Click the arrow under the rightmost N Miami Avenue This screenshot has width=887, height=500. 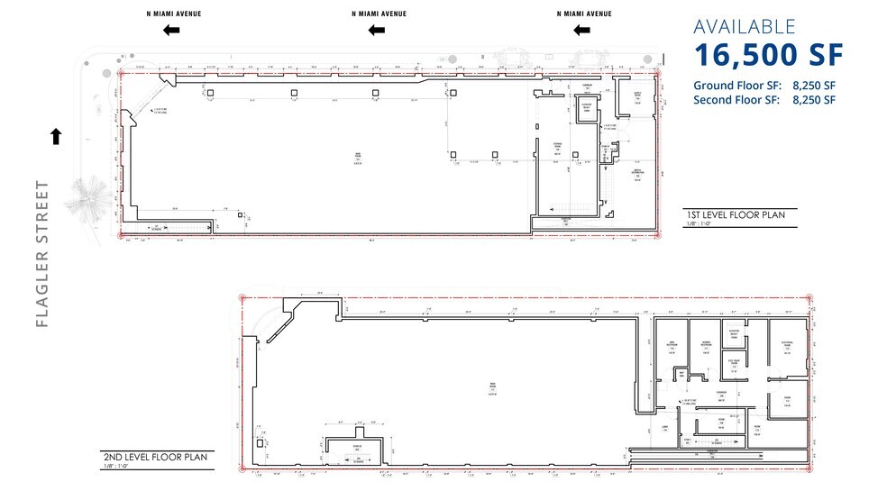coord(583,30)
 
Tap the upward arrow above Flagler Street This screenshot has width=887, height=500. coord(56,136)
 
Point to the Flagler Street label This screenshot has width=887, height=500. coord(42,254)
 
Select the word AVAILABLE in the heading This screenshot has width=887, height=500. coord(745,27)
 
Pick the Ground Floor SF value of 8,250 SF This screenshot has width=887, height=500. coord(814,86)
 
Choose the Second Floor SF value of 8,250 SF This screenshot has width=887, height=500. coord(814,100)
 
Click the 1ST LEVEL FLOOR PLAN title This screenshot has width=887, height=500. coord(736,215)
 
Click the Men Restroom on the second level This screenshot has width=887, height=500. coord(672,346)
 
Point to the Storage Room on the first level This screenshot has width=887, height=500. coord(559,151)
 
